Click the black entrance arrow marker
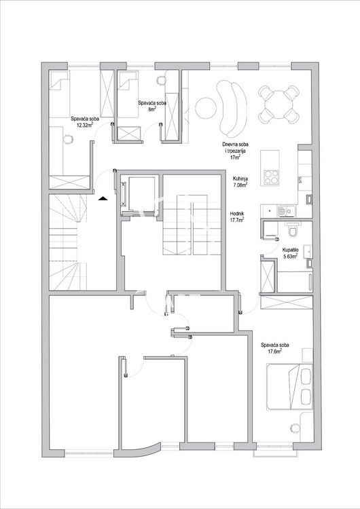103,198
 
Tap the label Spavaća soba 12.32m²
85,121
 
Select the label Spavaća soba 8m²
152,106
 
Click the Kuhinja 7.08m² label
240,181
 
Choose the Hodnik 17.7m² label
237,216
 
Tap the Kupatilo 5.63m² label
290,253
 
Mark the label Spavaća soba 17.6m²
274,348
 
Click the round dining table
278,104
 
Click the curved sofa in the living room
232,109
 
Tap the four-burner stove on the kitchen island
271,178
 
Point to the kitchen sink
285,211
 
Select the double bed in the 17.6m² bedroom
289,386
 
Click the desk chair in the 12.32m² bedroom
68,139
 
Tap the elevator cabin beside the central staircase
141,193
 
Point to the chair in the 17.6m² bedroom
295,428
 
